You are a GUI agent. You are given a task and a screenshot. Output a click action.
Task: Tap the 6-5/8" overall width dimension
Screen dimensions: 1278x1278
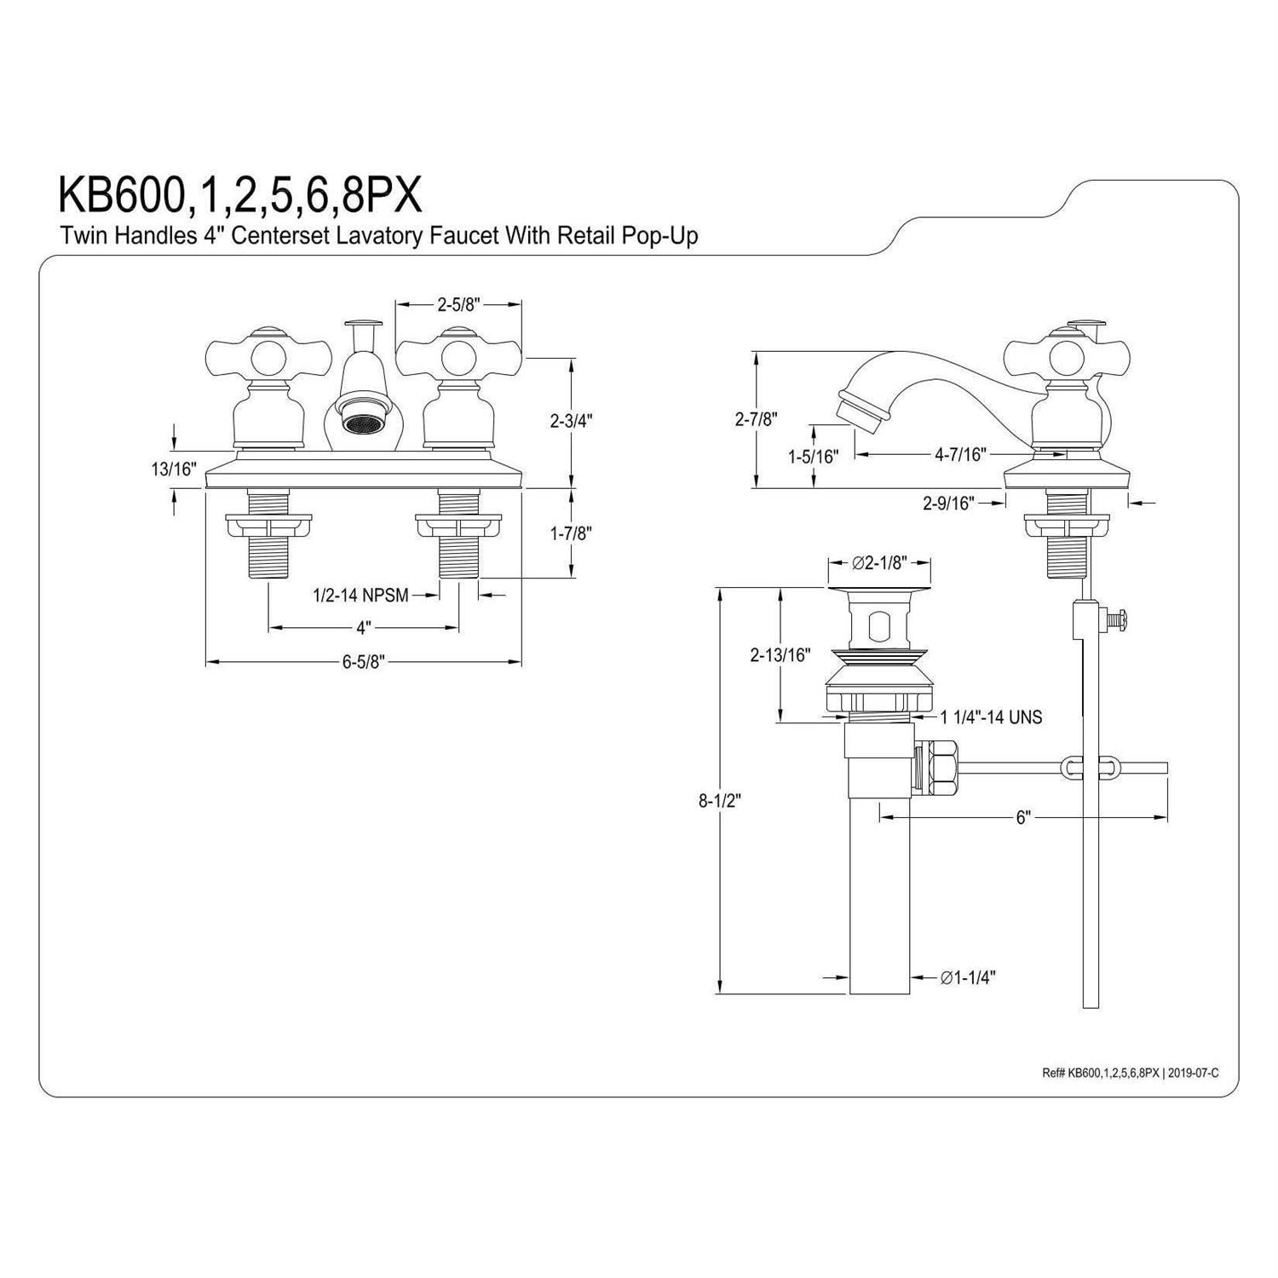click(x=364, y=662)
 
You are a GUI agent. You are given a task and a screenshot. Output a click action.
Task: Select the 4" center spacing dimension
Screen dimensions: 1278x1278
click(x=364, y=628)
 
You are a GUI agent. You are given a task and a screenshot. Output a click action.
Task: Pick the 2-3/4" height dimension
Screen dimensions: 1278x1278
click(x=570, y=420)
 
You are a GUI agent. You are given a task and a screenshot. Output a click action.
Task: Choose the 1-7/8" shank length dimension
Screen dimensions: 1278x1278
click(x=570, y=533)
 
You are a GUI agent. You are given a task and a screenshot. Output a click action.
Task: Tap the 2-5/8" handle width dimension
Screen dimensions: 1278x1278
click(x=459, y=303)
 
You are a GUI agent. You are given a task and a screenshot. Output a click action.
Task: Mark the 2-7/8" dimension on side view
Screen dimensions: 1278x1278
click(x=755, y=418)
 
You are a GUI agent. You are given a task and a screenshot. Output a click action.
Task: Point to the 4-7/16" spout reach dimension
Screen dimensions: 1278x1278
click(x=960, y=454)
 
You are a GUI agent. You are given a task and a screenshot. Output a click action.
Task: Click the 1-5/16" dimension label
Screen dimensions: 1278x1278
click(x=813, y=456)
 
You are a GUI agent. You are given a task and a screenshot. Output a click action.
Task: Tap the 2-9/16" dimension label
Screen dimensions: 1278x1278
click(x=948, y=503)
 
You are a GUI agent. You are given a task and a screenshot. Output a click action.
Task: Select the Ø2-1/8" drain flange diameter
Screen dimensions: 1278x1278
click(x=879, y=562)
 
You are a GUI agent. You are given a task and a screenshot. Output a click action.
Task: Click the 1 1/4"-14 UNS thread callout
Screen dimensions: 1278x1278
click(x=991, y=717)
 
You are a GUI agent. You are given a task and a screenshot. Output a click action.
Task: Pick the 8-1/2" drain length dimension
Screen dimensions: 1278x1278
click(x=721, y=800)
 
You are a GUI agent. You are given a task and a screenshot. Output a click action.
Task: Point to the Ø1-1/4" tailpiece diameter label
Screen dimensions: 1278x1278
click(x=969, y=977)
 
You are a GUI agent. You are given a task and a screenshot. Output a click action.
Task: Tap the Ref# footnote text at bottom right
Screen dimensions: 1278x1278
click(x=1130, y=1073)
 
